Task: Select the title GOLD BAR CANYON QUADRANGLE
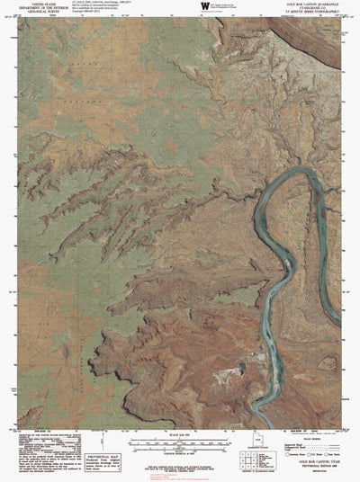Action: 310,4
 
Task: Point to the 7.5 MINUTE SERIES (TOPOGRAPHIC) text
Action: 310,14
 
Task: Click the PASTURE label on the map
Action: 67,76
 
